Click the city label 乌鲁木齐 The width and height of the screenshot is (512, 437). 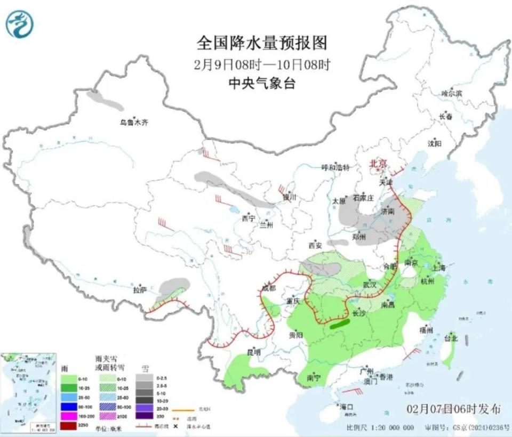point(133,123)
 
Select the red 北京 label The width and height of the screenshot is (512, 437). point(378,164)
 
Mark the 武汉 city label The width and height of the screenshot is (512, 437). point(370,285)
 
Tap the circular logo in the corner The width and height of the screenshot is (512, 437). point(20,24)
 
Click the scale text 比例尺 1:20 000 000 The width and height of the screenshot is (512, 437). point(380,427)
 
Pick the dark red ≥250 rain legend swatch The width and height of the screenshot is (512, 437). point(68,425)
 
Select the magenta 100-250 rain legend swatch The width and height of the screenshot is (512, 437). point(68,415)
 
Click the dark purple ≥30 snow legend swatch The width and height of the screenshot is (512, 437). point(145,416)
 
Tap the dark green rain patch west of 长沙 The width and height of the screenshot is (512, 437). point(338,323)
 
